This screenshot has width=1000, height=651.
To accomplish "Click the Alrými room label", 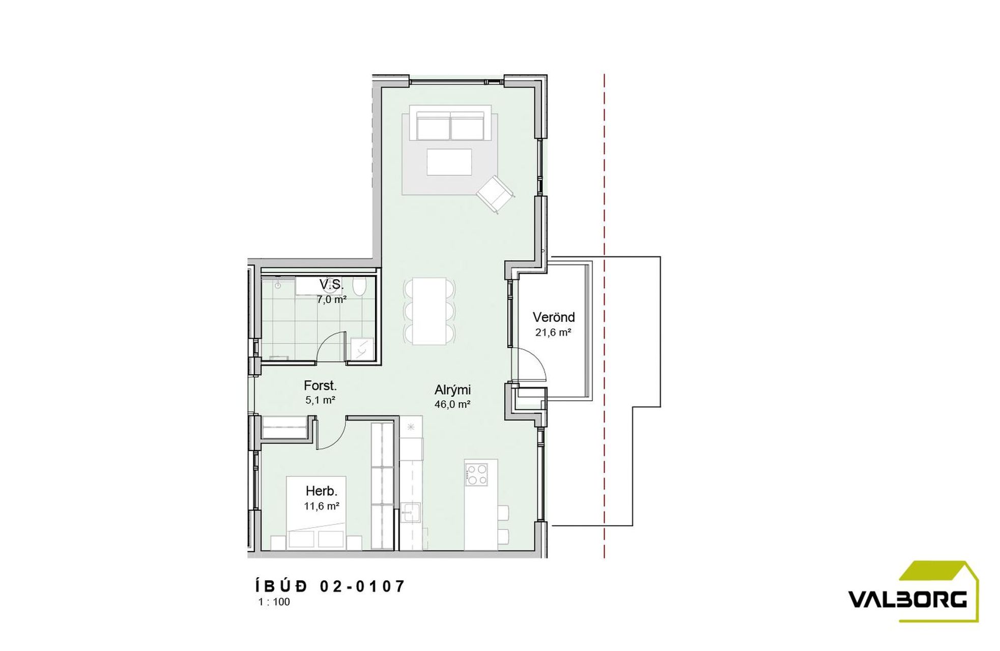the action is point(452,390).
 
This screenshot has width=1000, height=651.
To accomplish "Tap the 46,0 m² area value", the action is point(452,405).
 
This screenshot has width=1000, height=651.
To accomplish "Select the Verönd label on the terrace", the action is point(554,317).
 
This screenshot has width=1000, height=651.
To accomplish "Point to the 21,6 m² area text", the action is point(553,333).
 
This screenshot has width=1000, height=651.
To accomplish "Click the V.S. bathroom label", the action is point(331,284).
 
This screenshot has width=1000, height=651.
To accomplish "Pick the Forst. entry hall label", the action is point(320,386).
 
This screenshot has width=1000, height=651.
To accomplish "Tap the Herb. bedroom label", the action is point(322,491).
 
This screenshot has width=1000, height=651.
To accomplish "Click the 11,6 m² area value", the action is point(322,506).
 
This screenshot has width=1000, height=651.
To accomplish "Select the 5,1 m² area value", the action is point(320,400).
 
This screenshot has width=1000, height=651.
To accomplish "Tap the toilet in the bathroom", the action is point(359,287).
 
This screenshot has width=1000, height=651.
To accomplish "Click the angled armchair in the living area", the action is point(495,194).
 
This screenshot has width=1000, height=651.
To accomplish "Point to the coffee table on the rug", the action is point(449,162).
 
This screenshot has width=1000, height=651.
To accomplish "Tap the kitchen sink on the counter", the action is point(410,512).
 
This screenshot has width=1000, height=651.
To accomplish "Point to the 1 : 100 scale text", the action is point(274,602).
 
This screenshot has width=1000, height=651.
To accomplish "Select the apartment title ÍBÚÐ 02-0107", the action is point(330,586).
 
